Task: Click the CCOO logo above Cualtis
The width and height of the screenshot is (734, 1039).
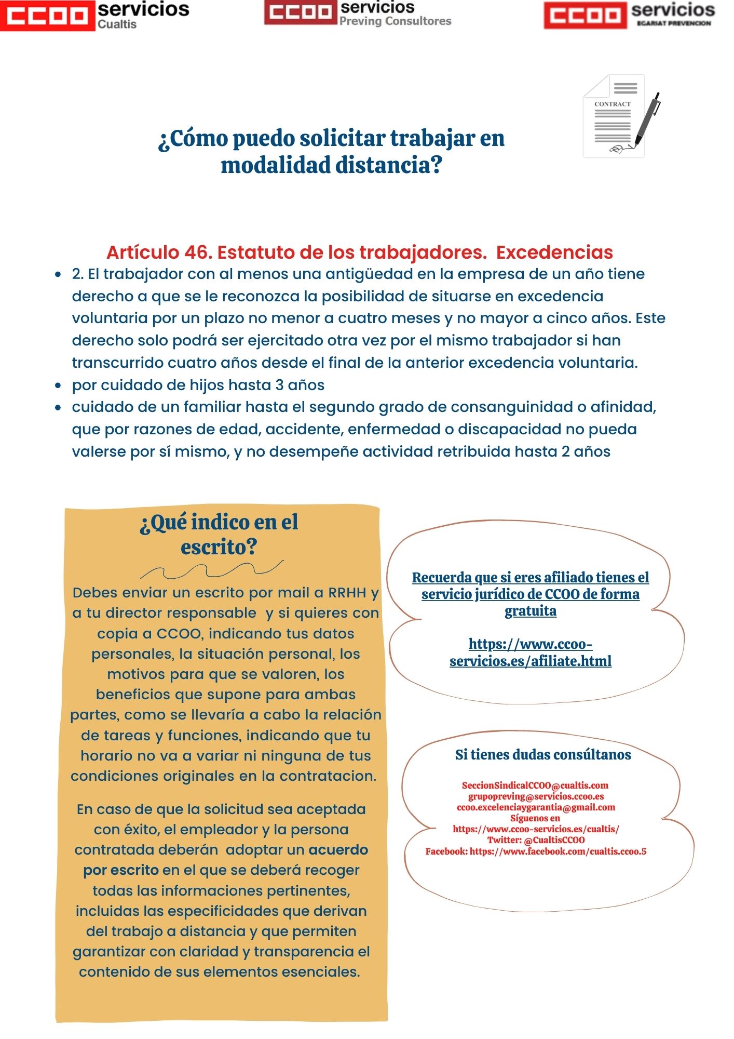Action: coord(48,16)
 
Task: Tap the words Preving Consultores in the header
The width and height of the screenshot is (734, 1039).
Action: coord(395,21)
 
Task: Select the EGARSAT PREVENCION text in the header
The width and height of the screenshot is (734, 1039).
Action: coord(673,23)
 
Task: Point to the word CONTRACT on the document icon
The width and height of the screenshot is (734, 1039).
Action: coord(613,104)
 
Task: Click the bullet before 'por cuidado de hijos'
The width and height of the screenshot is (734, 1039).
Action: coord(58,386)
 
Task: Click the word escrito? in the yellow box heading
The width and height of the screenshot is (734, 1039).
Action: coord(219,547)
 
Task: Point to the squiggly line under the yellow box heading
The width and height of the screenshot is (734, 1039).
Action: coord(212,570)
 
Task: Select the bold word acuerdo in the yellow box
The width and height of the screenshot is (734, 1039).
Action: coord(338,850)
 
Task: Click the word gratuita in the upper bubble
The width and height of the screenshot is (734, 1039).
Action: coord(531,611)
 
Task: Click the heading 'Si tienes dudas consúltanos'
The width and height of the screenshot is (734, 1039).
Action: coord(543,755)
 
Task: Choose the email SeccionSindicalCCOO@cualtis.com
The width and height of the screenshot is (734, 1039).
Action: coord(535,785)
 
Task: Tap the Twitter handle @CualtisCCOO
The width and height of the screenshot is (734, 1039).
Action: coord(554,840)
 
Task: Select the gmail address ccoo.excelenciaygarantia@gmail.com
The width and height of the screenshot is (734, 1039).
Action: coord(536,807)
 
